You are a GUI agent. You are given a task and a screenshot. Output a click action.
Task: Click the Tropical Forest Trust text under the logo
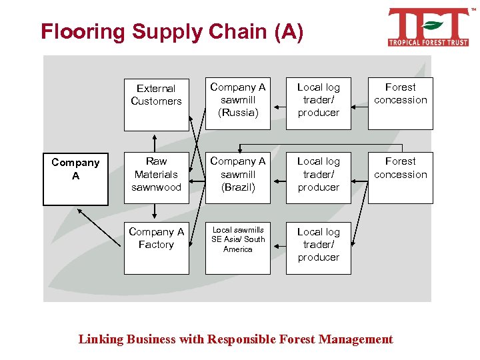point(429,42)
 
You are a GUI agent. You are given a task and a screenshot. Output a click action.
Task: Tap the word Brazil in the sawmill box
point(239,187)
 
